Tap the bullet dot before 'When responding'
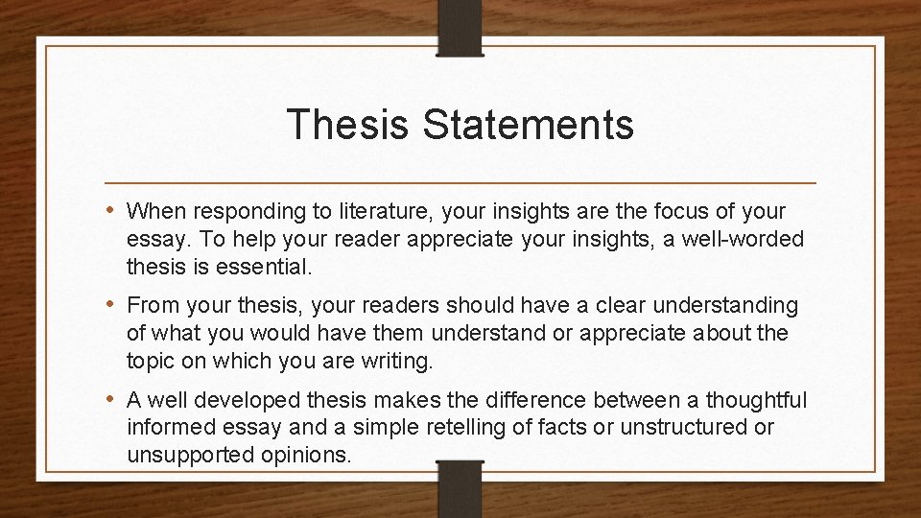[x=114, y=209]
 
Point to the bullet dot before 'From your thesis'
[x=114, y=305]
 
